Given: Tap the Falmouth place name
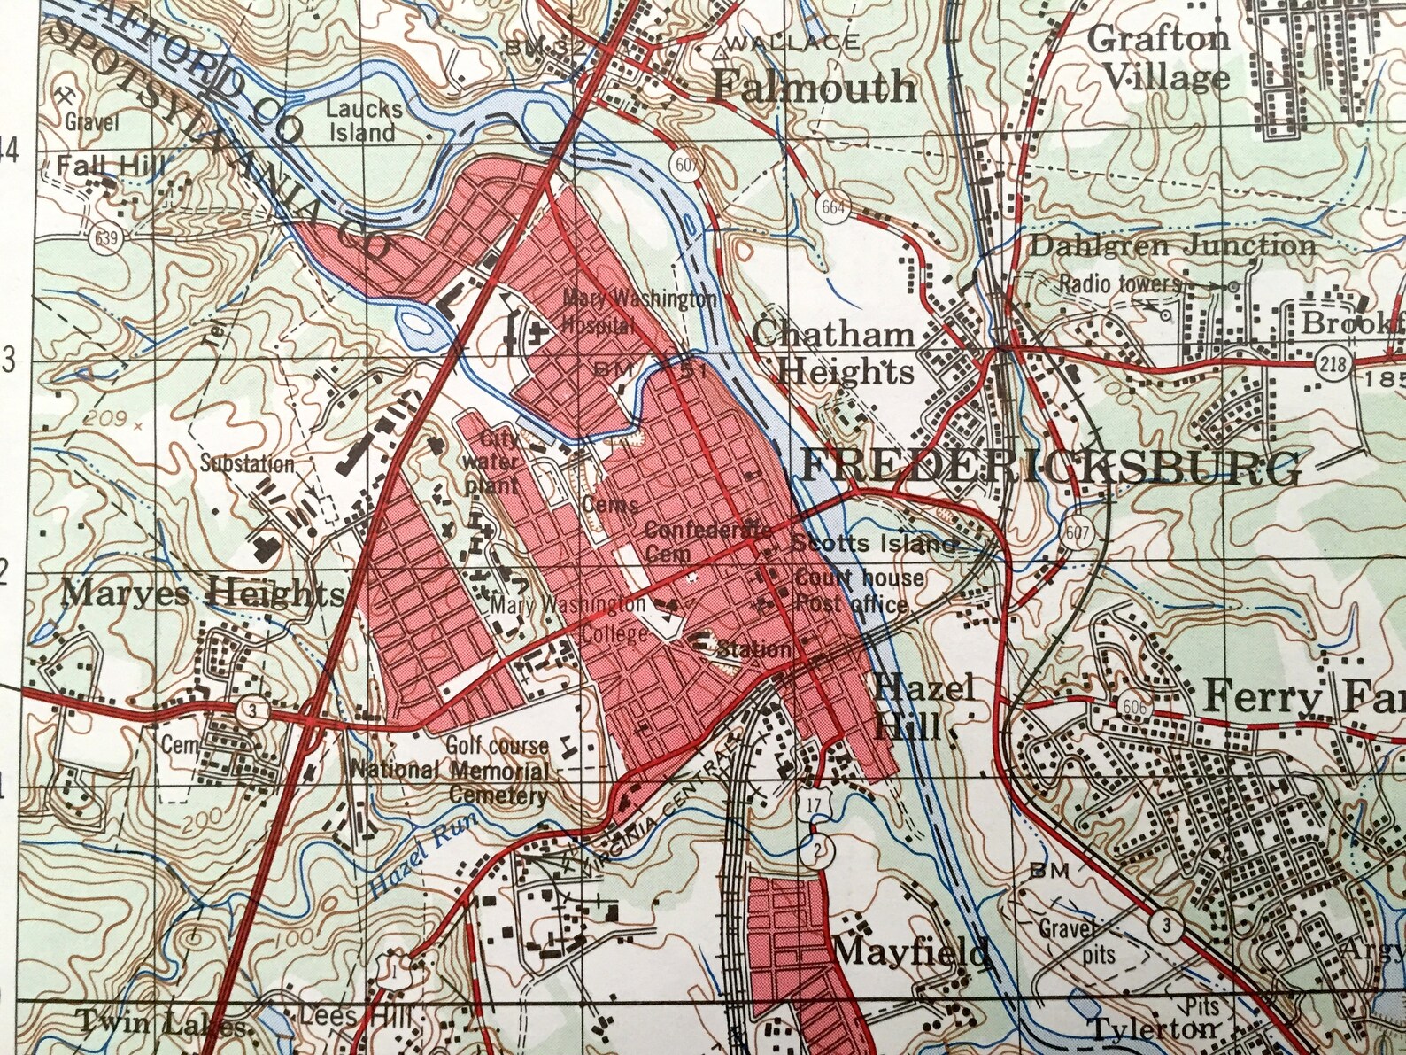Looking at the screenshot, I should [815, 86].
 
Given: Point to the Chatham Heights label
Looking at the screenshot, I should [832, 352].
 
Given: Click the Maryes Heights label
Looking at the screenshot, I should [203, 591].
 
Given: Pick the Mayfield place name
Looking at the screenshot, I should [911, 951].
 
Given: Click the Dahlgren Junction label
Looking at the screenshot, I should [1171, 245].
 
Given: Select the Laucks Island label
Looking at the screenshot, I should [363, 120].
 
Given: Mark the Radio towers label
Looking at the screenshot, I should [1119, 283].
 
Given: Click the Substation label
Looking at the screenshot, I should [246, 462].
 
